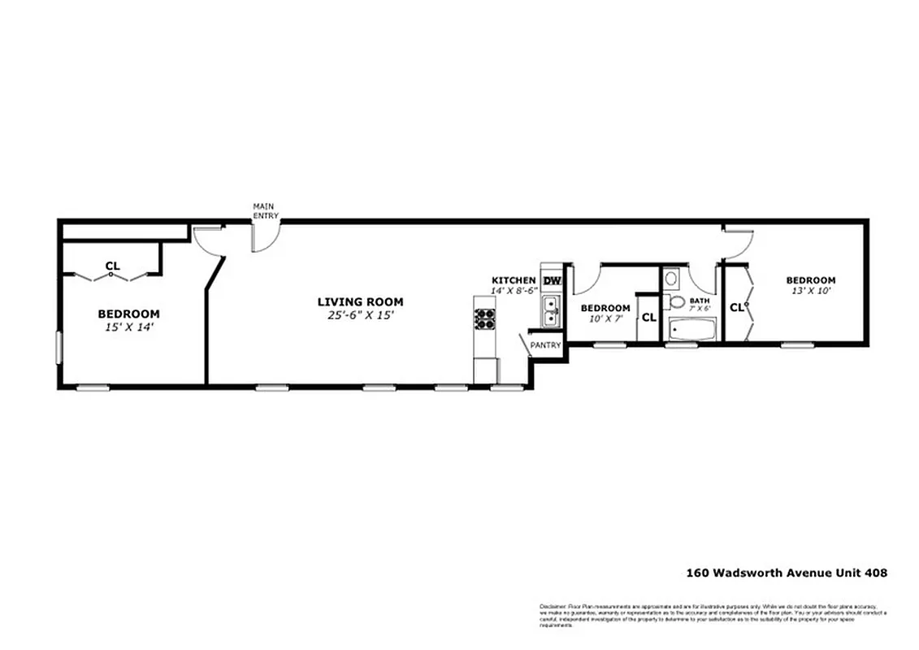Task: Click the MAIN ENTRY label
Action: pyautogui.click(x=266, y=210)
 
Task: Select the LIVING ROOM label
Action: pyautogui.click(x=360, y=302)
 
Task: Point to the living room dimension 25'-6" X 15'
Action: pyautogui.click(x=360, y=315)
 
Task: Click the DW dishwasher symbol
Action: pyautogui.click(x=552, y=281)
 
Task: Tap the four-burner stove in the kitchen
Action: pyautogui.click(x=484, y=319)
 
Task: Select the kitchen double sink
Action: pyautogui.click(x=551, y=310)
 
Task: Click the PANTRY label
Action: pyautogui.click(x=545, y=345)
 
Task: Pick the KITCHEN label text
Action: pyautogui.click(x=514, y=280)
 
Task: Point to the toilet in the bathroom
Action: pyautogui.click(x=677, y=302)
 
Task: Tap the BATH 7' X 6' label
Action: pyautogui.click(x=700, y=305)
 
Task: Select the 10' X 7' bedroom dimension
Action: pyautogui.click(x=605, y=319)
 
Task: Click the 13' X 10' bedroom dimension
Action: pyautogui.click(x=810, y=291)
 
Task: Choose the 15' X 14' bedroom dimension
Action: pyautogui.click(x=128, y=327)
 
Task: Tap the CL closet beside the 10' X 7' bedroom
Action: pyautogui.click(x=648, y=318)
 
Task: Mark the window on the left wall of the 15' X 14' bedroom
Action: pyautogui.click(x=58, y=347)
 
